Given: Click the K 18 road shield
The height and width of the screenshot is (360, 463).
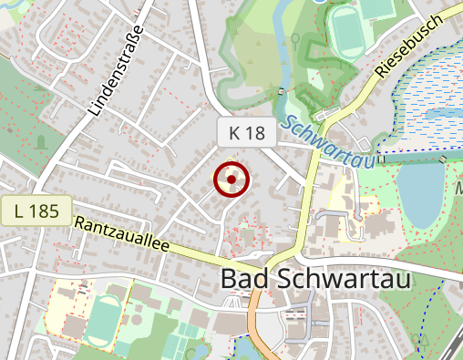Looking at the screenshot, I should click(x=247, y=133).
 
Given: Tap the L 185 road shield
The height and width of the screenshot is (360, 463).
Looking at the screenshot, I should click(x=36, y=211).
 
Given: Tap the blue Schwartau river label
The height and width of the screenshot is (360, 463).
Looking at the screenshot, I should click(x=329, y=142).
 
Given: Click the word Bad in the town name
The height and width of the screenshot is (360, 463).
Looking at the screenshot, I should click(x=244, y=279).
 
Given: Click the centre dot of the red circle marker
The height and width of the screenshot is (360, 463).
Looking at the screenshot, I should click(x=232, y=180).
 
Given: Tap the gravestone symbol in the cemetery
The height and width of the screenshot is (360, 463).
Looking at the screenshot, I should click(x=40, y=141).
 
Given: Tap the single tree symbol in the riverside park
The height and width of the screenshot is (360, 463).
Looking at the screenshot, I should click(x=295, y=39).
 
